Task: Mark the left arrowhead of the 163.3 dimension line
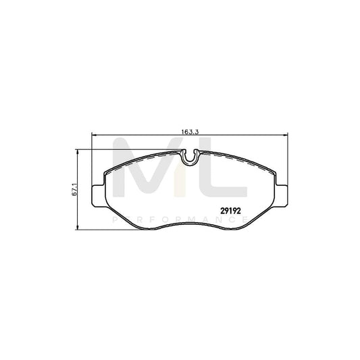(93, 133)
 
